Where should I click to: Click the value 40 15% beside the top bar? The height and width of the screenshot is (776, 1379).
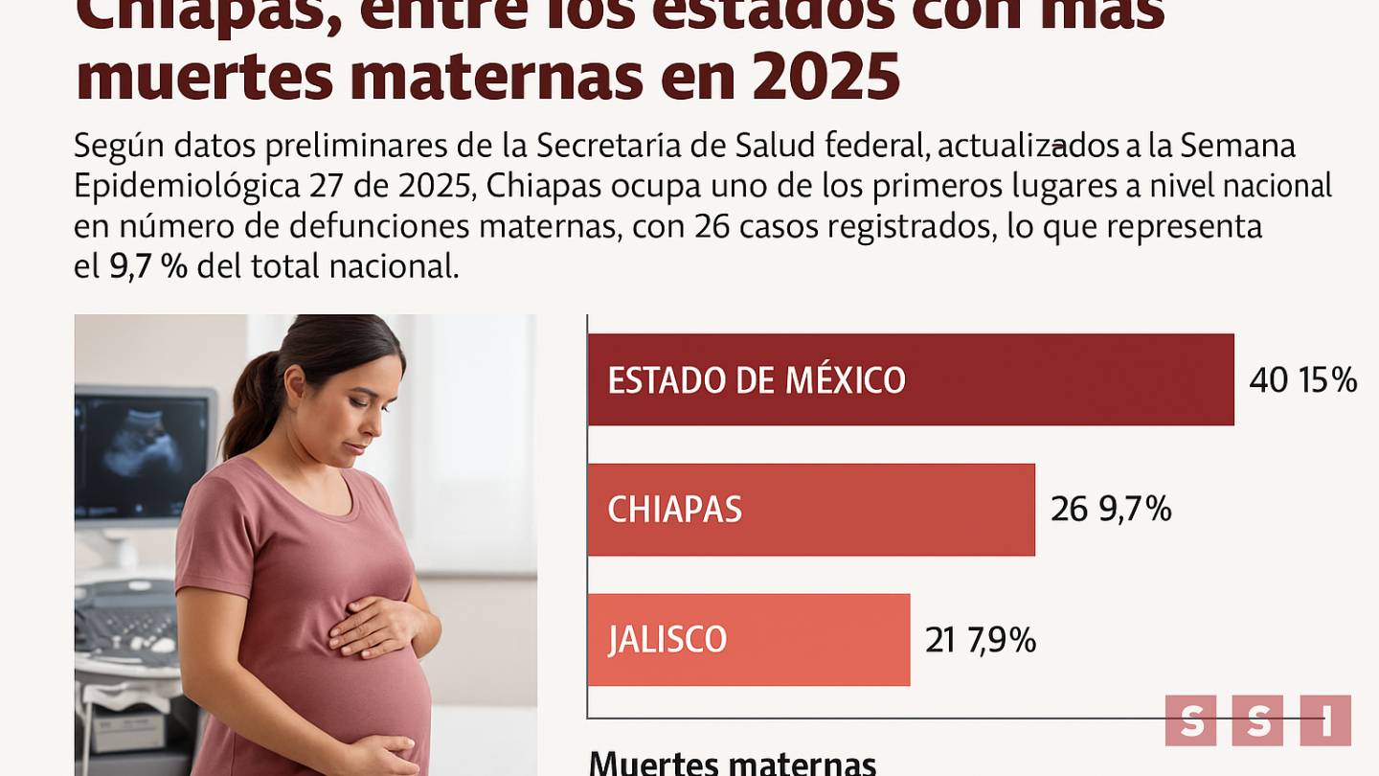point(1302,380)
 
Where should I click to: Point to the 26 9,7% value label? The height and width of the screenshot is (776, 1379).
point(1111,510)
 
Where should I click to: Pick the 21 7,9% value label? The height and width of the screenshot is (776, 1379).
point(981,640)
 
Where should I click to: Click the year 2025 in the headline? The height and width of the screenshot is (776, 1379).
point(825,78)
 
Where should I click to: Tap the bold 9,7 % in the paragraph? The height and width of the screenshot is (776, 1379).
point(147,265)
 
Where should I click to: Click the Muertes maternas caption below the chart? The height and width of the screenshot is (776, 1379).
point(733,764)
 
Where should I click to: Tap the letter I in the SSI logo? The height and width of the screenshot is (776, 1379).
point(1325,720)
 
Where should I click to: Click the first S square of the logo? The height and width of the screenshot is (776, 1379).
point(1190,720)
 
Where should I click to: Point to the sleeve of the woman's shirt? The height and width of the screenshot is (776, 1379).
point(211,536)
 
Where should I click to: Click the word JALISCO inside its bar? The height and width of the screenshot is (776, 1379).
point(667,640)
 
